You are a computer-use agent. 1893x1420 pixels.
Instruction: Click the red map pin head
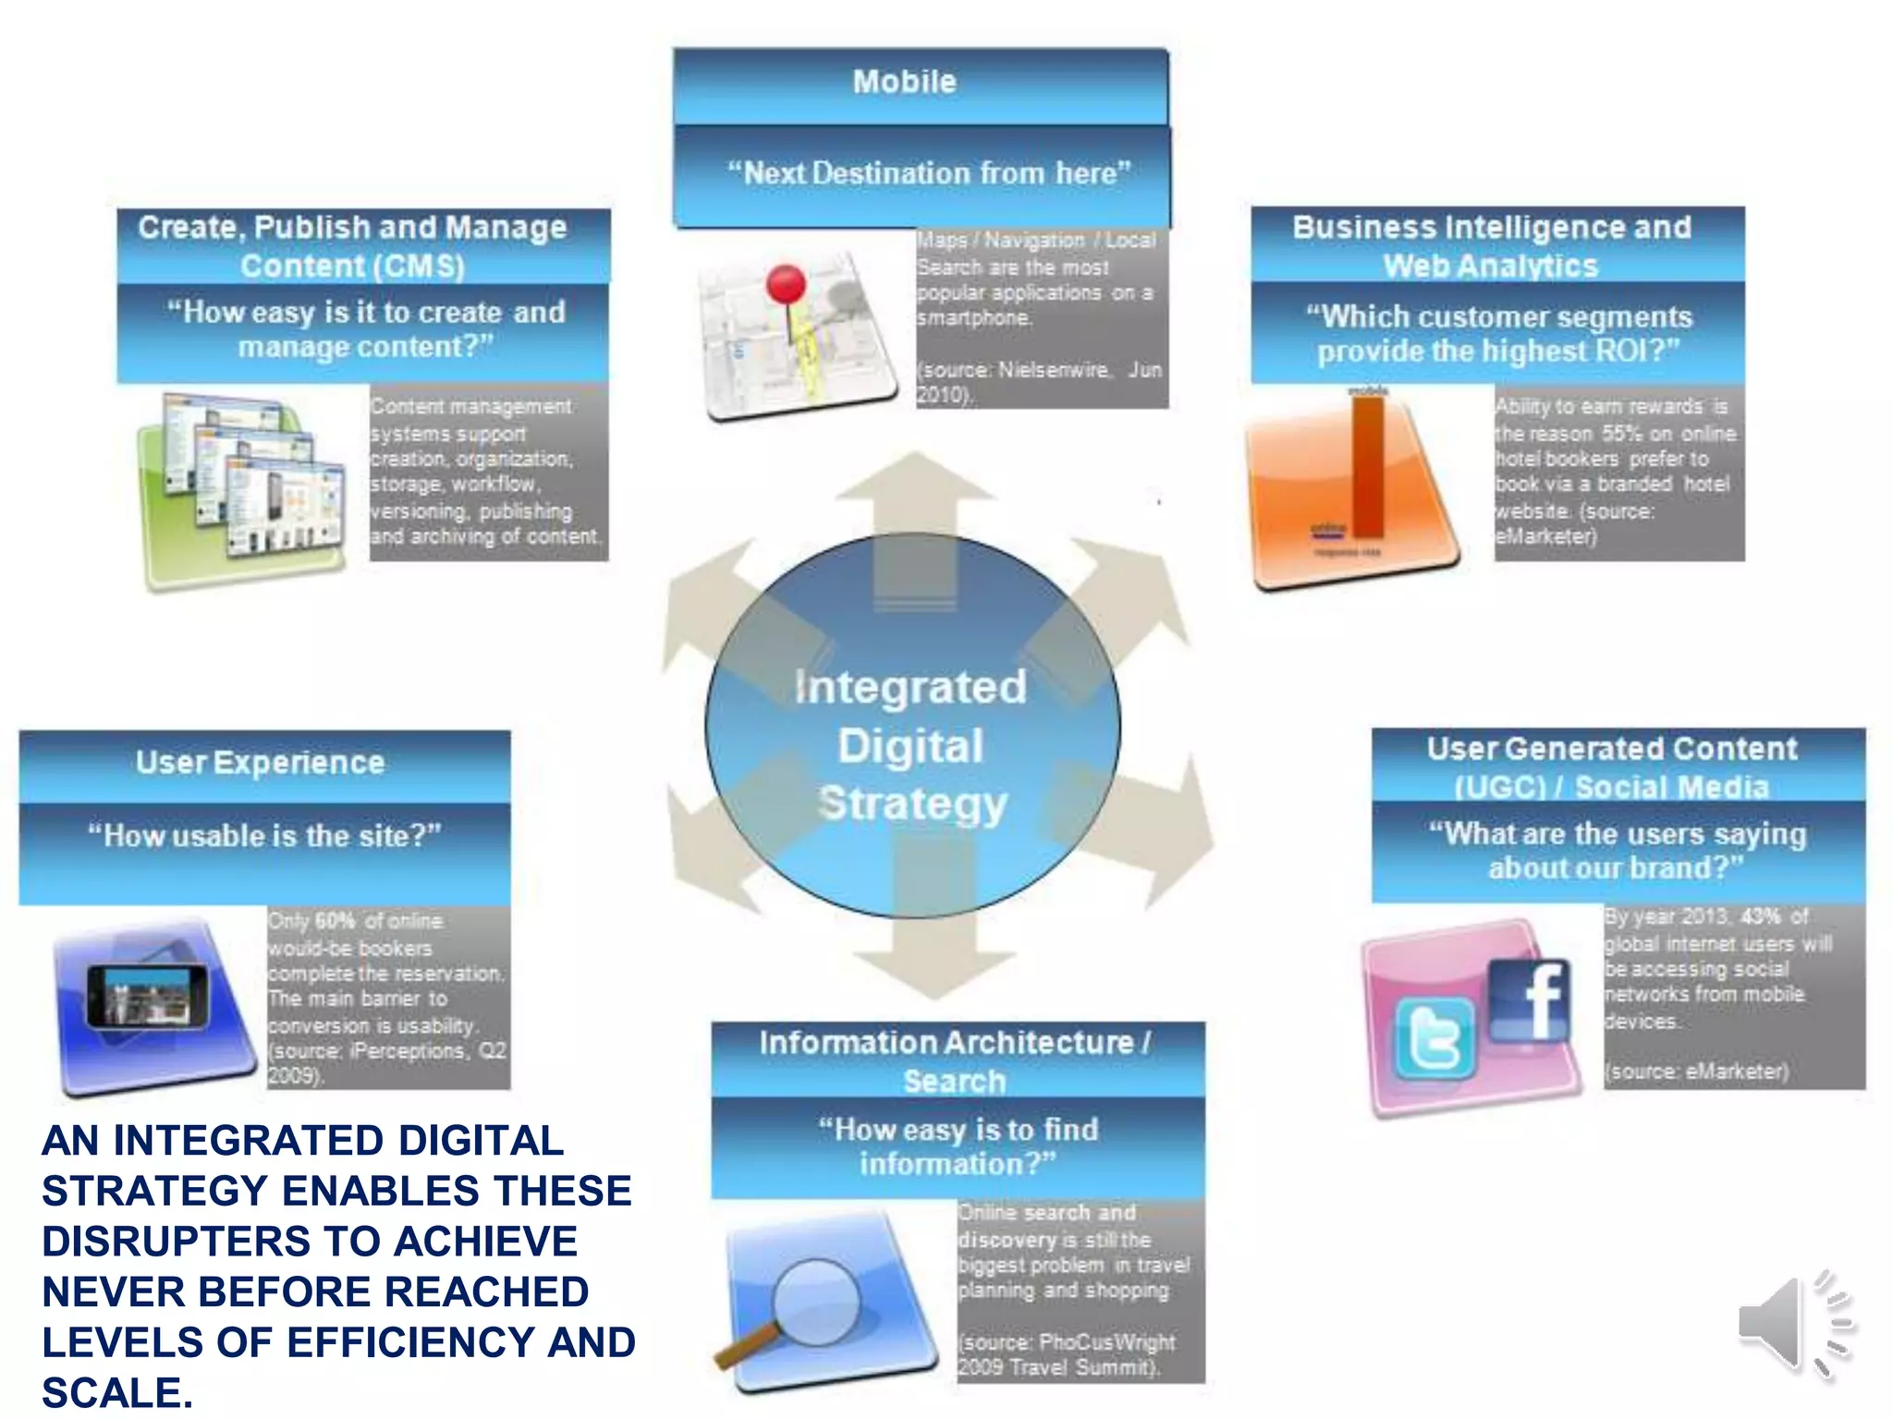pos(787,283)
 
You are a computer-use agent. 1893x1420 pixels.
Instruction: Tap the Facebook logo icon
pos(1530,1000)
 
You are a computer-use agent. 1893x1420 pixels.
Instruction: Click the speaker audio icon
pos(1793,1324)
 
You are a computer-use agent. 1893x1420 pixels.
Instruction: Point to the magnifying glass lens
pos(816,1299)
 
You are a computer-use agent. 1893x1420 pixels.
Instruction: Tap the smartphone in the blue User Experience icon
pos(148,996)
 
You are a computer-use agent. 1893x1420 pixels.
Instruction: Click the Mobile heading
pos(904,81)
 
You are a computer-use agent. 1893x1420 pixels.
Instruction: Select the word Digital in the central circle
pos(910,746)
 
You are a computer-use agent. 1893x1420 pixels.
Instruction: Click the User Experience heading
pos(260,763)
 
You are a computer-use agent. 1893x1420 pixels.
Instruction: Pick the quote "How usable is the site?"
pos(264,836)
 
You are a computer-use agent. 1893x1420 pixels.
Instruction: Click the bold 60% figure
pos(336,921)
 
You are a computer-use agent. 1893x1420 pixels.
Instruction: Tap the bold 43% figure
pos(1761,917)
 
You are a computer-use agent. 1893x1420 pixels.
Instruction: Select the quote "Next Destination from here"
pos(928,173)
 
